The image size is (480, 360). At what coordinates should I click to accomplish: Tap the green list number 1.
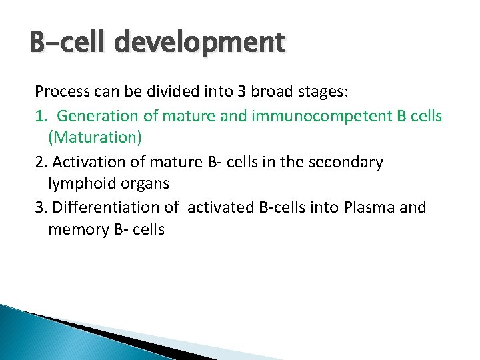coord(41,116)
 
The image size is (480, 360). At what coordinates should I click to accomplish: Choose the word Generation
coord(98,116)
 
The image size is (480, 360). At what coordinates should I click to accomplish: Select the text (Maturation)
coord(95,138)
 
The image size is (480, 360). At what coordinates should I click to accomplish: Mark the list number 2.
coord(41,161)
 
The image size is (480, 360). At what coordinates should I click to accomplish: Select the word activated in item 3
coord(221,207)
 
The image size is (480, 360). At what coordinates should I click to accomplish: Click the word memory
coord(75,229)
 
